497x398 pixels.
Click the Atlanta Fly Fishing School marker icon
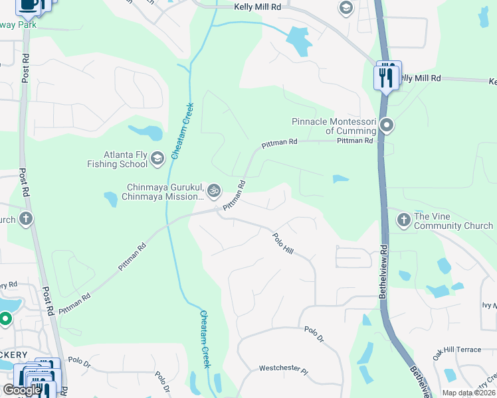tap(157, 158)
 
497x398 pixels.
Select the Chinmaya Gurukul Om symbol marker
tap(213, 191)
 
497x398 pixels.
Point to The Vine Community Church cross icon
tap(403, 220)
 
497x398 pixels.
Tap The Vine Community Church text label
tap(453, 221)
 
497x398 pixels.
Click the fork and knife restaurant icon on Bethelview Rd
tap(386, 76)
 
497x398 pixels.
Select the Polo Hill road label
tap(283, 243)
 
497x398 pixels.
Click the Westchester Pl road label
tap(284, 367)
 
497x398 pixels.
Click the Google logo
tap(22, 391)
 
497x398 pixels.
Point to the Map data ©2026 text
tap(468, 393)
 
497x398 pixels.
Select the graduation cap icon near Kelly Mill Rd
tap(346, 8)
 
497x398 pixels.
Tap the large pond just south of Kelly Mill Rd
tap(299, 41)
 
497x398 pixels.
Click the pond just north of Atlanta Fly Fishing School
tap(146, 133)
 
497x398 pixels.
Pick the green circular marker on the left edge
tap(5, 319)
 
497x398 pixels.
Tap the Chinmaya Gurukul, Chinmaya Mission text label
tap(163, 192)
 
